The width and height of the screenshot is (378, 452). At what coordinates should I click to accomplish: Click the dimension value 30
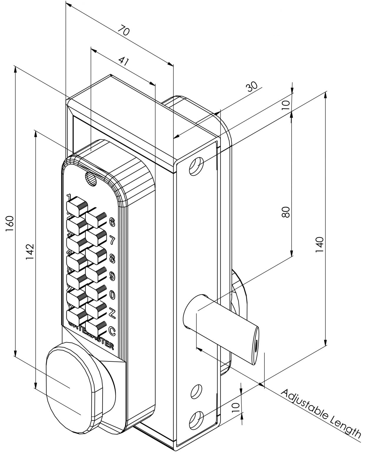tap(252, 87)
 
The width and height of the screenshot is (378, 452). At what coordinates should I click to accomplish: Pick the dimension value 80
tap(286, 212)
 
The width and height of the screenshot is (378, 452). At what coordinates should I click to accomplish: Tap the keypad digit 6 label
tap(112, 222)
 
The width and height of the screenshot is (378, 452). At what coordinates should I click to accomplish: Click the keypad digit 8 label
tap(112, 258)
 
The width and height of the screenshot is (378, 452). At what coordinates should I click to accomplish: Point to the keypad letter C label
tap(112, 330)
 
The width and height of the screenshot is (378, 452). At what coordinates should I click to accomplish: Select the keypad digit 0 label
tap(112, 294)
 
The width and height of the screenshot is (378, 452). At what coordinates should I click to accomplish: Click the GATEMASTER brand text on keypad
tap(92, 334)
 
